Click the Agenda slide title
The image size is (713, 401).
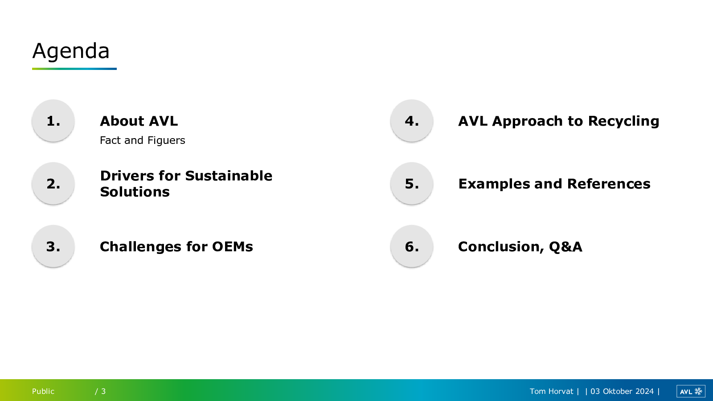[71, 51]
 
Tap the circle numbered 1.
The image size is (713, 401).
[53, 121]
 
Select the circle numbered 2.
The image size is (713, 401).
[53, 183]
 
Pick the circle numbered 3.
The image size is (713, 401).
[53, 246]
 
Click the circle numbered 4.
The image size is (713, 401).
[412, 121]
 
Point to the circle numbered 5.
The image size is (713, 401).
[412, 183]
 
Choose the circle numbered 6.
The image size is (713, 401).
[412, 246]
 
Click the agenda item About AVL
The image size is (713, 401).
[139, 121]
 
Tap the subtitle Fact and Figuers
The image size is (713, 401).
[142, 140]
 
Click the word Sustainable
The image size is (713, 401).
[229, 176]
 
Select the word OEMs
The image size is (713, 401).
[232, 247]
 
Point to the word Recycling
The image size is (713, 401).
[623, 122]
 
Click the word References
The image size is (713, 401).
[609, 184]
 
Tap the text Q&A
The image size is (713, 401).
[565, 247]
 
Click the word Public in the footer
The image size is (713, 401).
[43, 391]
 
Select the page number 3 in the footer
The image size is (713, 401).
[103, 391]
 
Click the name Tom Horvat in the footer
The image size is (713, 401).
[551, 391]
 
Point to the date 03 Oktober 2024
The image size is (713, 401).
[622, 391]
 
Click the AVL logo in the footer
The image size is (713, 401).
[691, 391]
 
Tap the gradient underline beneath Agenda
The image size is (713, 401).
[74, 69]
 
